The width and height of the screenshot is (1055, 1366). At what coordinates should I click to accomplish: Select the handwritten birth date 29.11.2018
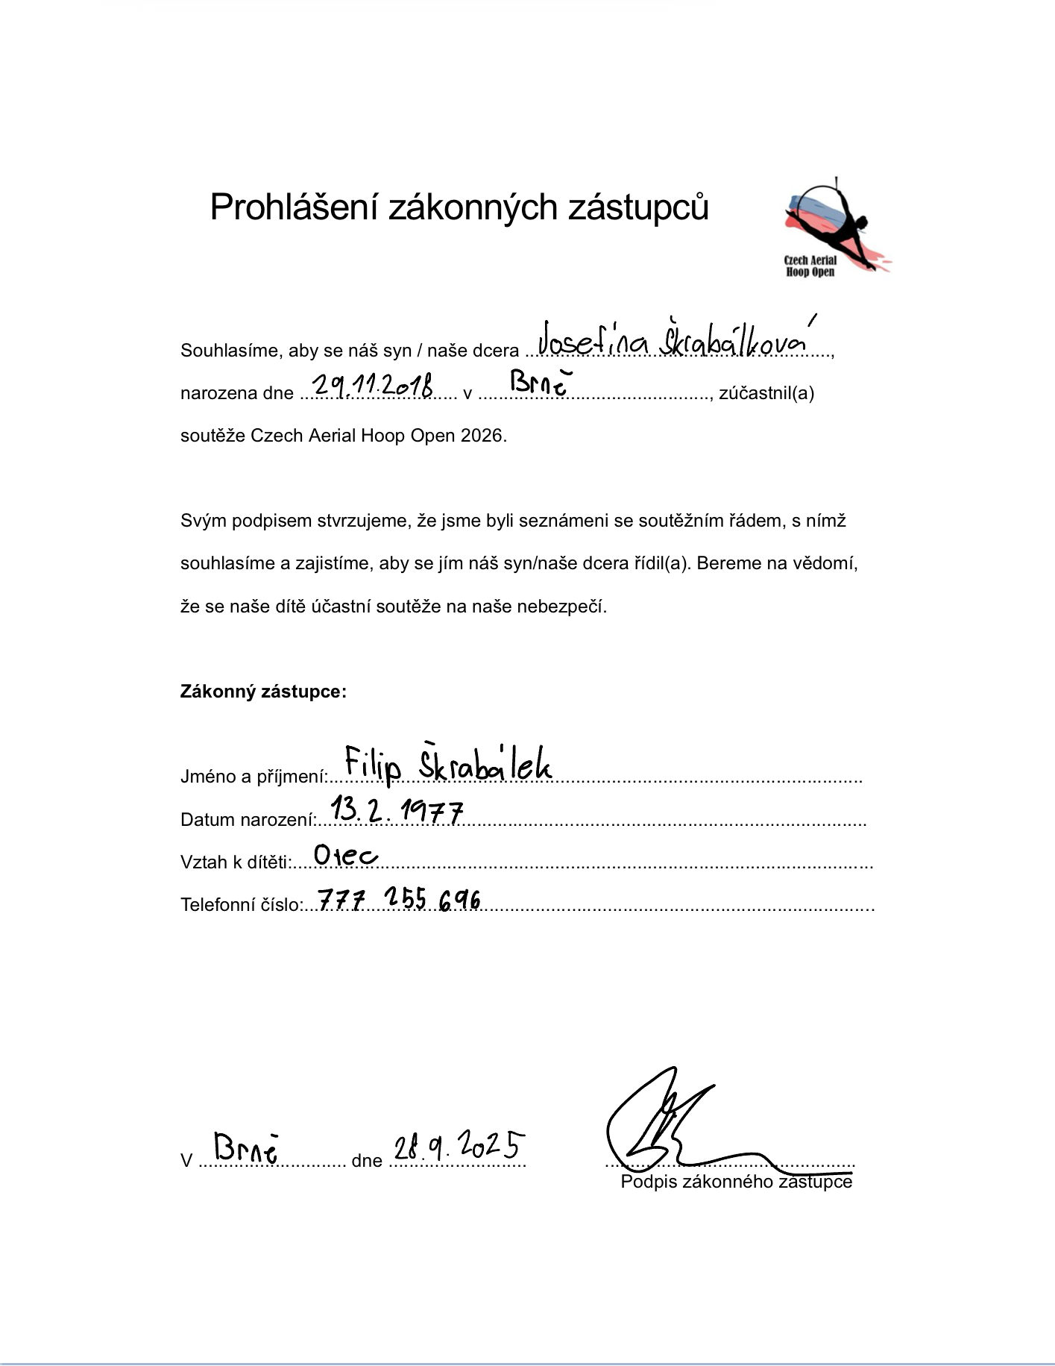(373, 385)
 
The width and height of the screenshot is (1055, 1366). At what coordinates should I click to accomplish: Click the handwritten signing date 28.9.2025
(459, 1145)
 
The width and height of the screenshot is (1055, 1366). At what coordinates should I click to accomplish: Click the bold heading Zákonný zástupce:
(263, 692)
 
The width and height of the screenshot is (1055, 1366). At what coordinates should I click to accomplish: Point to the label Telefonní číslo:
(241, 905)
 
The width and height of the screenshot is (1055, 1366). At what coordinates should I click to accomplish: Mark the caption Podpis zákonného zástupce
(736, 1182)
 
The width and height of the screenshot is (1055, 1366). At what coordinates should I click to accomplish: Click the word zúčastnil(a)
(766, 393)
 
